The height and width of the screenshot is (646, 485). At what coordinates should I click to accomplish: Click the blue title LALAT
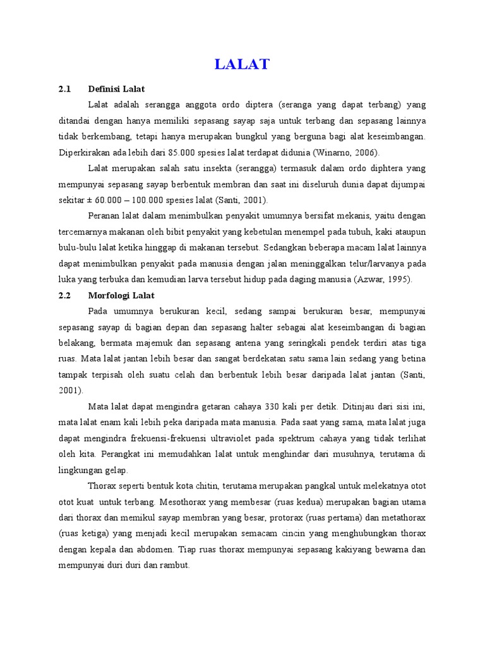coord(242,64)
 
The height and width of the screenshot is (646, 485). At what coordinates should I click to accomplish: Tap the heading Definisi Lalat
coord(117,89)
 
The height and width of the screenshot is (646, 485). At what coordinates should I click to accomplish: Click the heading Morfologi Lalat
coord(121,295)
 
